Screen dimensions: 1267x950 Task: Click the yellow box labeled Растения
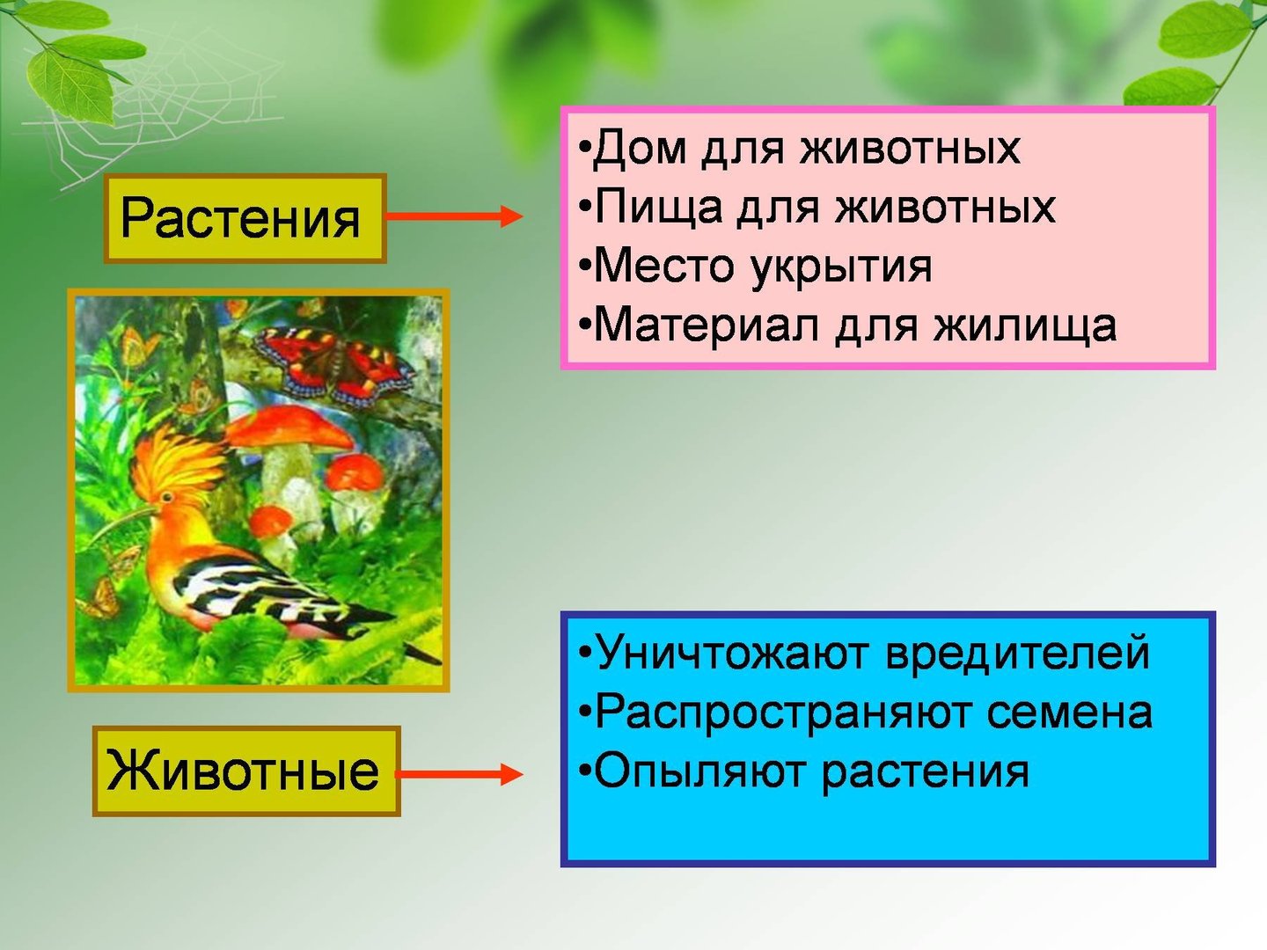[245, 219]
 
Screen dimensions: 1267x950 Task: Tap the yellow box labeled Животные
[246, 771]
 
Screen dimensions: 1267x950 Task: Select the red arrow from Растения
[454, 216]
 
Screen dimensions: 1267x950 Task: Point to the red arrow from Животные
[461, 774]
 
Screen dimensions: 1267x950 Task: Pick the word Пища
[659, 207]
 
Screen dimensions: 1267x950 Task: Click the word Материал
[707, 325]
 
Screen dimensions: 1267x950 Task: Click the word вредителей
[1018, 653]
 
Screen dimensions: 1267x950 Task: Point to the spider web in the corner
[144, 110]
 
